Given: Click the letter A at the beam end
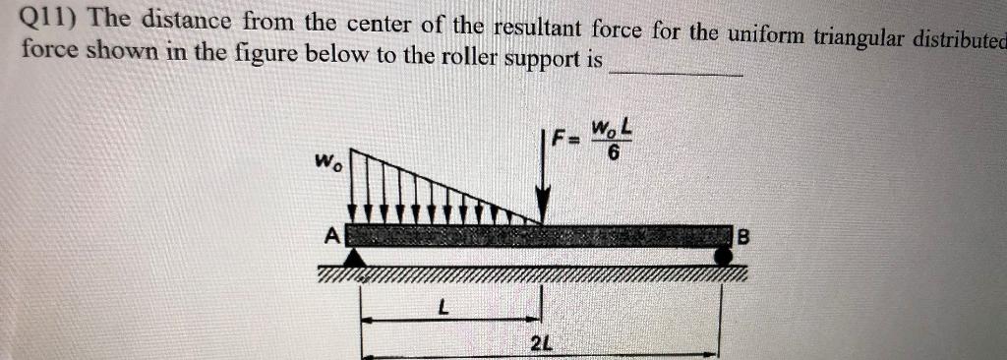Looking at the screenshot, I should [x=333, y=236].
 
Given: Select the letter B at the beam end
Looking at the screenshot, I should [x=742, y=237].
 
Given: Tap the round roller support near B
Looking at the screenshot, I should [x=724, y=256].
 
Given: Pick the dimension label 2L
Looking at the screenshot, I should [x=540, y=344].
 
